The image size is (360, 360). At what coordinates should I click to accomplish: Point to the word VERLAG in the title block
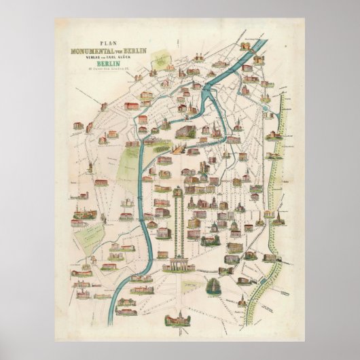pyautogui.click(x=86, y=58)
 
